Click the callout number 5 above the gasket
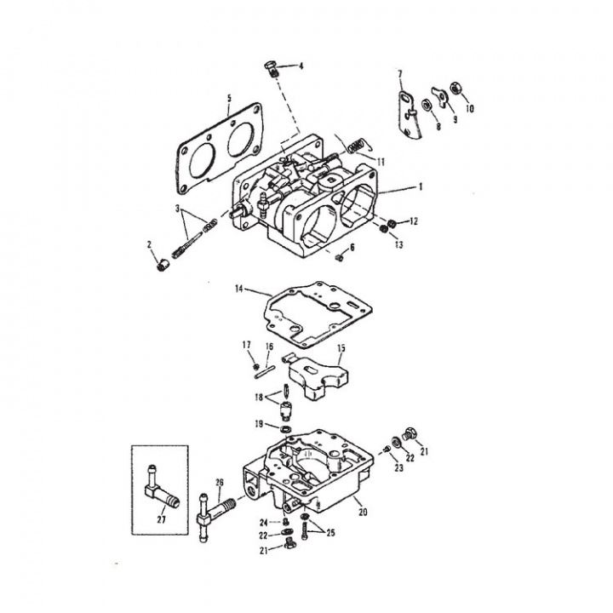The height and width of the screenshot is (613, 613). click(x=229, y=98)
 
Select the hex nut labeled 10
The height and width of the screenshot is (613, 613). click(x=455, y=88)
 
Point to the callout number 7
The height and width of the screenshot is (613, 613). click(x=400, y=74)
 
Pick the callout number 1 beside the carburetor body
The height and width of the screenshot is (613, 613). click(x=421, y=186)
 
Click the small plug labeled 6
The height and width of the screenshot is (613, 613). click(x=340, y=257)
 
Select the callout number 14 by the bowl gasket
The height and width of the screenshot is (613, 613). click(x=239, y=289)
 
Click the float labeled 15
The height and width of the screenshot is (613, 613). click(x=318, y=376)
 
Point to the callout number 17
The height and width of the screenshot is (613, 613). click(x=246, y=345)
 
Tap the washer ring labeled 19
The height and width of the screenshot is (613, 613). click(x=285, y=430)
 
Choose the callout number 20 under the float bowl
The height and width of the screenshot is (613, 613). click(x=363, y=512)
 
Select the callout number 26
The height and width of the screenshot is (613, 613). click(x=220, y=483)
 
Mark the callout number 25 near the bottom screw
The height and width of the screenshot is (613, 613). click(x=330, y=533)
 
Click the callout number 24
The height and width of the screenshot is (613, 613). click(x=264, y=522)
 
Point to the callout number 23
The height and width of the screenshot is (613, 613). click(x=398, y=467)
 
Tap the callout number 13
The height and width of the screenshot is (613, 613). click(x=398, y=244)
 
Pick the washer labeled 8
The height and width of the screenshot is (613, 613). click(x=427, y=106)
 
